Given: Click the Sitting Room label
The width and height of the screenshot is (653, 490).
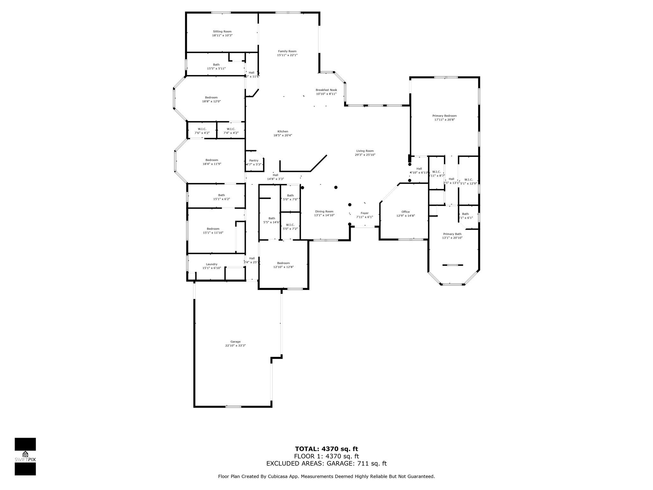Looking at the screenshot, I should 222,32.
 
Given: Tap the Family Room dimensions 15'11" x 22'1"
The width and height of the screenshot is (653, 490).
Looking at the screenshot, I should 287,55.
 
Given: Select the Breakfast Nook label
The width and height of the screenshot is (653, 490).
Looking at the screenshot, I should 326,90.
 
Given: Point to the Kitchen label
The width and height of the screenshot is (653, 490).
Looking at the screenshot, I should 282,131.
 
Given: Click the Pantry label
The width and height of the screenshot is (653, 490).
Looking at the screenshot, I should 254,160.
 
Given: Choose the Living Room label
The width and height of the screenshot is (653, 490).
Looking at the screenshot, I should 365,151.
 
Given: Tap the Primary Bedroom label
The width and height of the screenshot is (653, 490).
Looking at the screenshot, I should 444,116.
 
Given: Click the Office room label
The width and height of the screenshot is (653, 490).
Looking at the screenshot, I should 405,212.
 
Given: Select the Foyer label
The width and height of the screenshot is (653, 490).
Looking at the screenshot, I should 364,213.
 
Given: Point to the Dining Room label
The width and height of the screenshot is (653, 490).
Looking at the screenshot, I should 324,212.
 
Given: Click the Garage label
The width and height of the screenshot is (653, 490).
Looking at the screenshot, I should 235,342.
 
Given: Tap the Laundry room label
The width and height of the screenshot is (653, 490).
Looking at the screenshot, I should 211,264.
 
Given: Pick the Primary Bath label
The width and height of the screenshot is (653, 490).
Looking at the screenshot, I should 452,234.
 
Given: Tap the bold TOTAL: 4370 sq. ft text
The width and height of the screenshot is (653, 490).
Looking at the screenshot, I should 326,449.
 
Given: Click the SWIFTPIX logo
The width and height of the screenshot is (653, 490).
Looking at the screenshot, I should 25,457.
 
